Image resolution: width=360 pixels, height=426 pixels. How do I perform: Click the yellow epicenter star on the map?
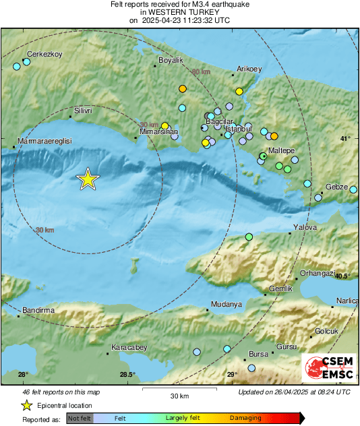point(87,179)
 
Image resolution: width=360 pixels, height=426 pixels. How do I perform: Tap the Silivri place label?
point(83,109)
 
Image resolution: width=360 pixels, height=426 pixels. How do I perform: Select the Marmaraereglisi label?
point(44,142)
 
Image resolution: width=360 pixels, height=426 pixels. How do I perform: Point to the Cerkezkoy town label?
point(44,54)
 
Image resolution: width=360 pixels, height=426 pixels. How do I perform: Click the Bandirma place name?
point(37,309)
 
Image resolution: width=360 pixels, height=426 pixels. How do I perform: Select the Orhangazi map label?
point(318,274)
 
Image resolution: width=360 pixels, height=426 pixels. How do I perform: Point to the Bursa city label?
point(259,354)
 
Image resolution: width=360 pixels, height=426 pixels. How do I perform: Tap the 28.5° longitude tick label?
point(127,375)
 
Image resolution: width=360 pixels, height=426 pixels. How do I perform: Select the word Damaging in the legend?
point(245,419)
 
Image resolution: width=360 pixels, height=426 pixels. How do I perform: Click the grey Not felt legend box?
point(80,419)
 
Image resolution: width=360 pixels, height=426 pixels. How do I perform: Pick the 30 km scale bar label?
point(179,395)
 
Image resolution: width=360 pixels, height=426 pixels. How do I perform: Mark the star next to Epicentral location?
point(26,405)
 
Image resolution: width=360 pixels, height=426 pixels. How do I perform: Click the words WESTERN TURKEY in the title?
point(180,12)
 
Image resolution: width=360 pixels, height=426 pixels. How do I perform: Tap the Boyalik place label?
point(171,61)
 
